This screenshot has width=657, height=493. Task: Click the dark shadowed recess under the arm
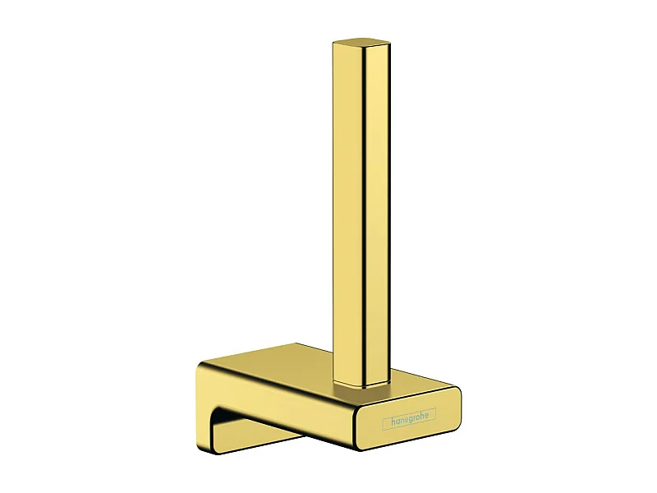(246, 427)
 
